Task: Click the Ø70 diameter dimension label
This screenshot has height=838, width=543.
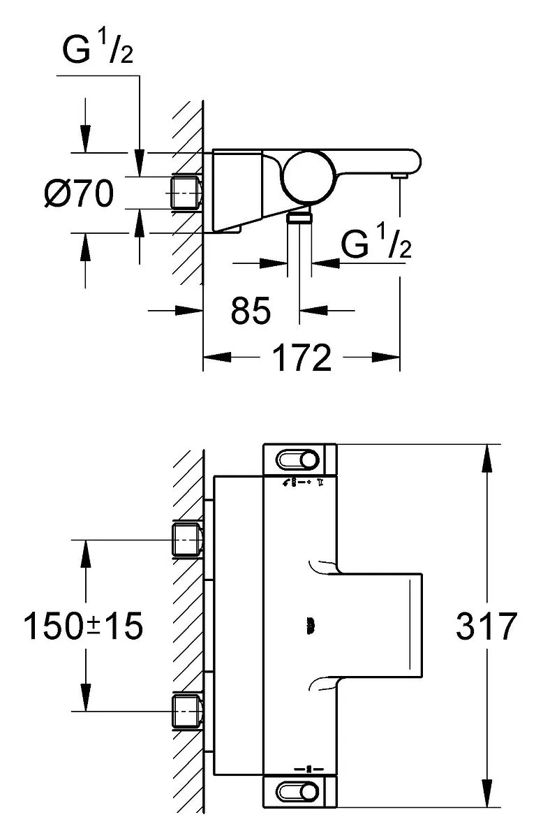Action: point(79,193)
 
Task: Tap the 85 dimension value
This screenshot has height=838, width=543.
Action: point(250,310)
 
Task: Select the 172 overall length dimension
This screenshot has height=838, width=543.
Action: point(302,358)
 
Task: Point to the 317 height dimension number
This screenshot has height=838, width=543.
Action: point(486,626)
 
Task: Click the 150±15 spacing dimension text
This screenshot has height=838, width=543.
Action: point(83,626)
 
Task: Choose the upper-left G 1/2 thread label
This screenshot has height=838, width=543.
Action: point(98,49)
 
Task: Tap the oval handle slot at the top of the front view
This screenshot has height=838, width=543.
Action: point(297,460)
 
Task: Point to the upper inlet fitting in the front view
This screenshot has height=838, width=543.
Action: point(186,540)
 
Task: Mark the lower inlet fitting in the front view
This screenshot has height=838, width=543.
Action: point(186,711)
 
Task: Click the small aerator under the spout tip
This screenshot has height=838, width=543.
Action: point(399,176)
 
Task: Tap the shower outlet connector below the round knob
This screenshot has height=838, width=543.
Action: point(299,216)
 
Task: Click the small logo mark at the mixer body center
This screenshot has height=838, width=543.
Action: point(311,625)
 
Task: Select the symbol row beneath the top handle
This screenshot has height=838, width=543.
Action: point(303,483)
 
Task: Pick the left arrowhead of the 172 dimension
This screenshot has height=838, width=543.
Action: point(217,358)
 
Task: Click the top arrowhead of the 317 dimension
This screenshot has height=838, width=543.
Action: point(487,458)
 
